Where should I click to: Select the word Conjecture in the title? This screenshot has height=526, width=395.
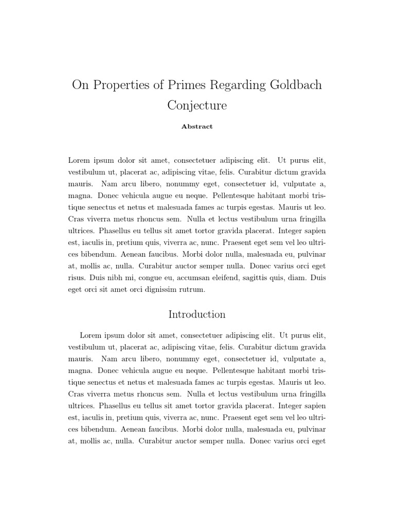[x=197, y=105]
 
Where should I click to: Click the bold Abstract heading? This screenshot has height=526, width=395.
[x=197, y=126]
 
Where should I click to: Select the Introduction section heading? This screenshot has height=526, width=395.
[x=197, y=314]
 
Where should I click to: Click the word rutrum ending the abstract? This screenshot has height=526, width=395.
[x=190, y=290]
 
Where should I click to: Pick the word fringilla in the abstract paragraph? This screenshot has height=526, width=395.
[x=310, y=219]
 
